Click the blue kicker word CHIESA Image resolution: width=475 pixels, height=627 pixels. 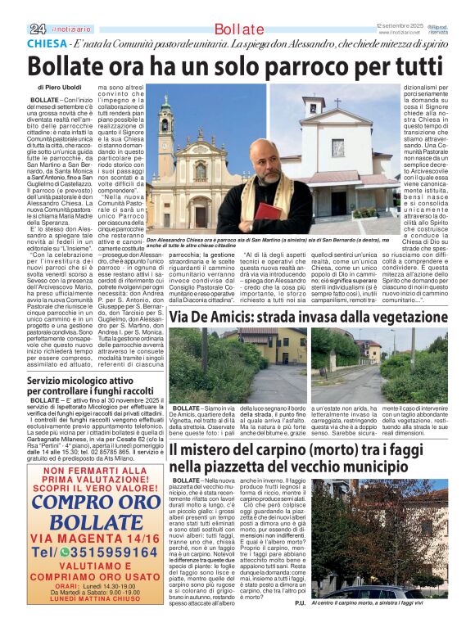click(47, 43)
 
